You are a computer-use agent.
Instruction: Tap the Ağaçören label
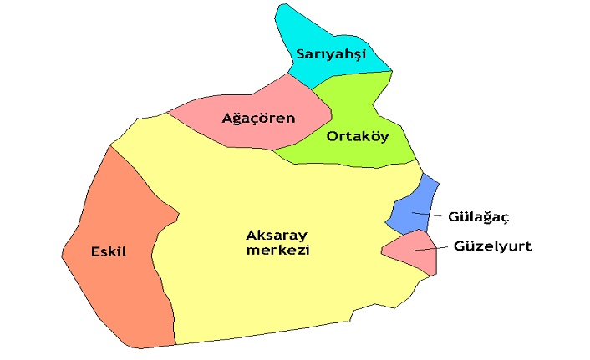(258, 118)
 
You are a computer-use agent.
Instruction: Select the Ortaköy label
(358, 136)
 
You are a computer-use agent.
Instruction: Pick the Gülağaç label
(478, 216)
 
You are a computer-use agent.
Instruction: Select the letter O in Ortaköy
(333, 136)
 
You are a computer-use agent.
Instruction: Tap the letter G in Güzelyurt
(460, 246)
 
